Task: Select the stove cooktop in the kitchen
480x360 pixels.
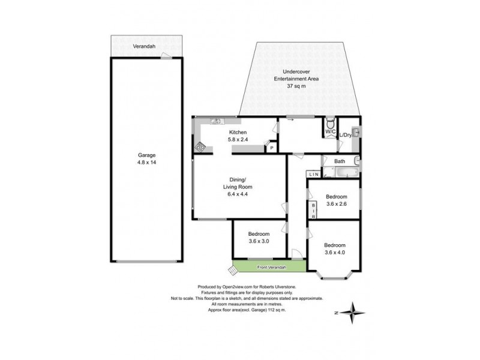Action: [x=199, y=145]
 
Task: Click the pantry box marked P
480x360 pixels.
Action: [x=271, y=148]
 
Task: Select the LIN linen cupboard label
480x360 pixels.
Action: [x=314, y=174]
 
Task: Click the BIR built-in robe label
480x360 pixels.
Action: [x=313, y=210]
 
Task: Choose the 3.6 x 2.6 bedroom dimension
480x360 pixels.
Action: [x=337, y=205]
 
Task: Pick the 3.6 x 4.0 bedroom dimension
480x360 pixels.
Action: [x=335, y=253]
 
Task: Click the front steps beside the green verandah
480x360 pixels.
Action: [x=227, y=266]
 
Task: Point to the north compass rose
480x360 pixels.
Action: [x=355, y=312]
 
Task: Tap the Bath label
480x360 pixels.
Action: [x=340, y=161]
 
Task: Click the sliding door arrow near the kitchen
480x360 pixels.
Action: [x=290, y=121]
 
